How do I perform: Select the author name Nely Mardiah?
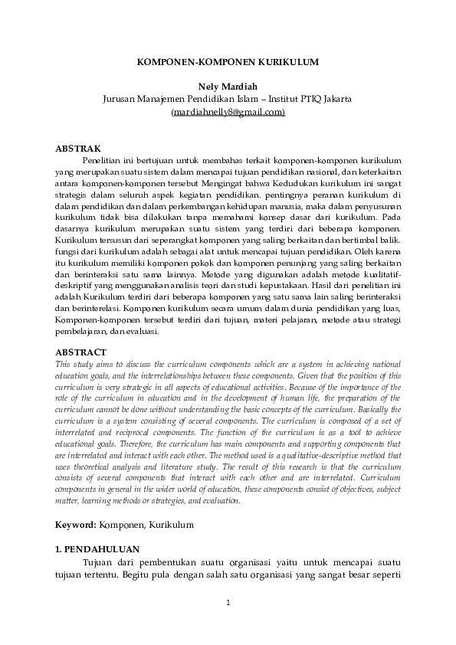(228, 87)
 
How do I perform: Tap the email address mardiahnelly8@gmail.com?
(228, 111)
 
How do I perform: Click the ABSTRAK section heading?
(79, 148)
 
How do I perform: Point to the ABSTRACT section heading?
(80, 352)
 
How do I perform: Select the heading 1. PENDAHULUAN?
(97, 549)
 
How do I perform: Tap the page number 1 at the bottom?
(228, 604)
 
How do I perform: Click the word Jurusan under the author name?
(120, 99)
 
